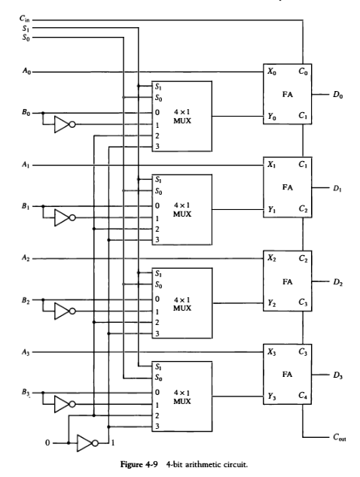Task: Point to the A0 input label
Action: click(x=26, y=72)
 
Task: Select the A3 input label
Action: click(x=26, y=351)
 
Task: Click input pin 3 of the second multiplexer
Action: click(x=157, y=239)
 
